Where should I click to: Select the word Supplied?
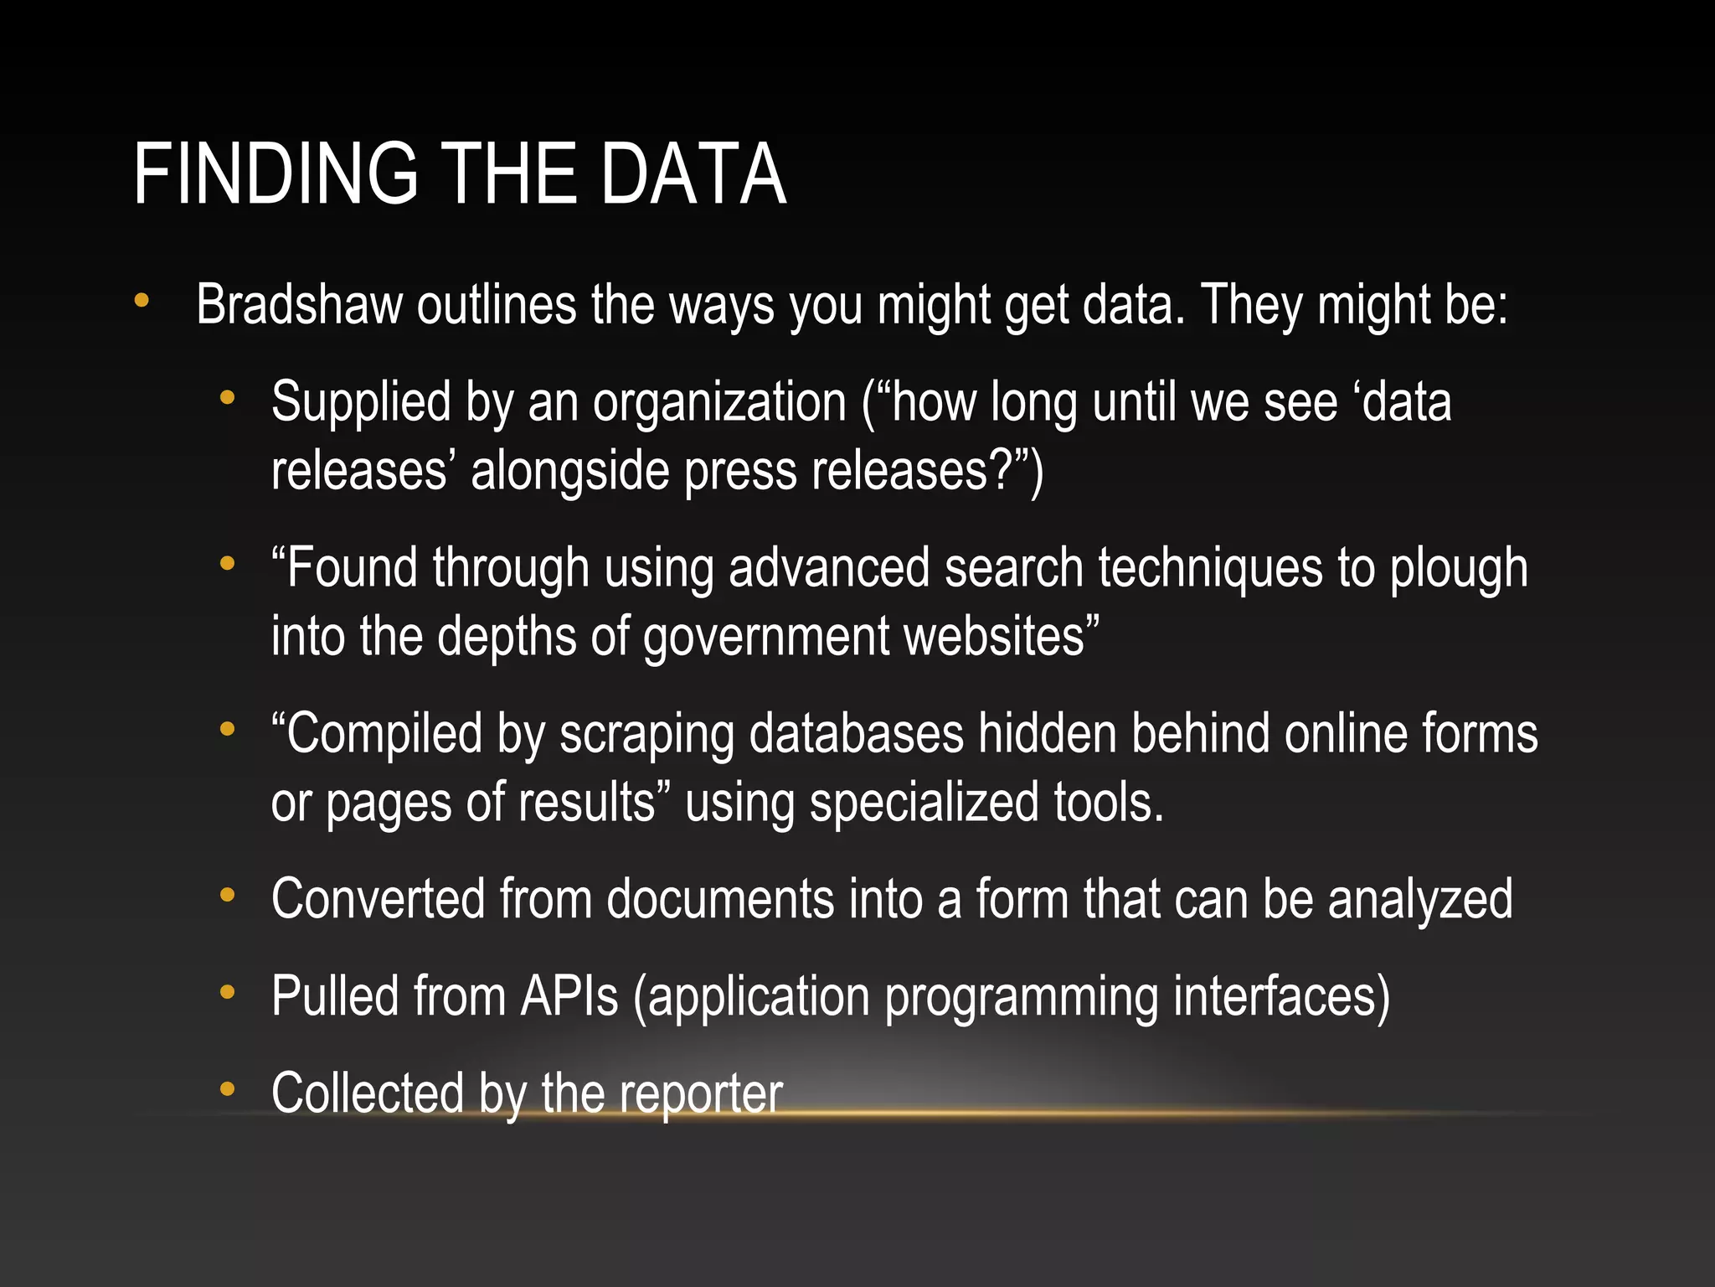tap(361, 403)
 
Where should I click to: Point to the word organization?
tap(719, 403)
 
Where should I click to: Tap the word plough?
tap(1459, 569)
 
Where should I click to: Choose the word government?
tap(766, 637)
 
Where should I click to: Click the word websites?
tap(1001, 637)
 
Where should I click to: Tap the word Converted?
tap(379, 900)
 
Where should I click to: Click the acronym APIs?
tap(569, 997)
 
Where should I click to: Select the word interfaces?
tap(1281, 997)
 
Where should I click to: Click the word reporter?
tap(701, 1094)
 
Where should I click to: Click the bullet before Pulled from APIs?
tap(227, 993)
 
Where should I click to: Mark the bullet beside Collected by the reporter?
tap(227, 1090)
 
